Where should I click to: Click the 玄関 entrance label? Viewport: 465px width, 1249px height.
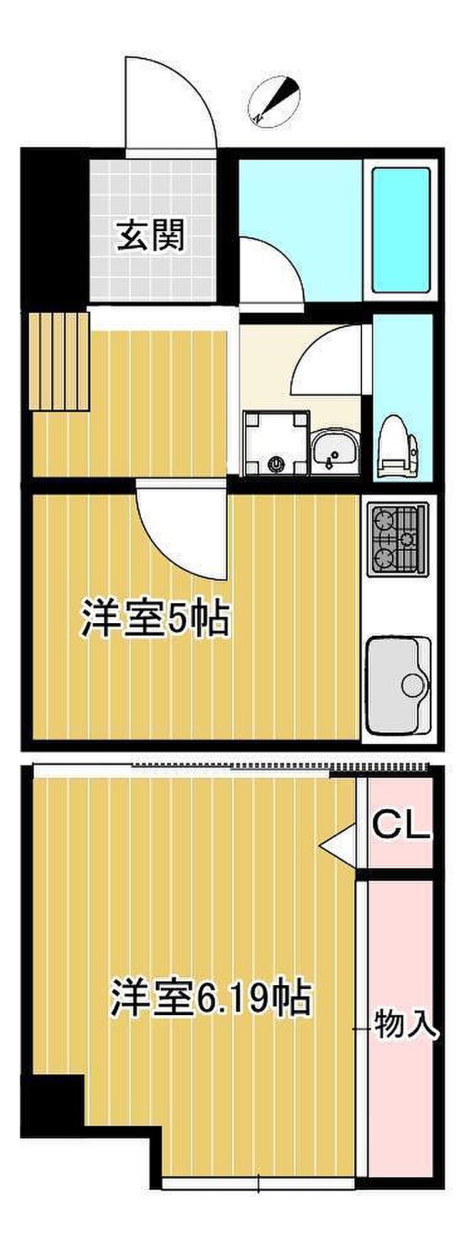[151, 236]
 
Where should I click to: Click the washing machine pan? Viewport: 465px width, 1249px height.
[276, 443]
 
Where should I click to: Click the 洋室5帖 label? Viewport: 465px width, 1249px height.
[155, 619]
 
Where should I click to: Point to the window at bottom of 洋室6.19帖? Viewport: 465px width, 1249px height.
[259, 1183]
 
